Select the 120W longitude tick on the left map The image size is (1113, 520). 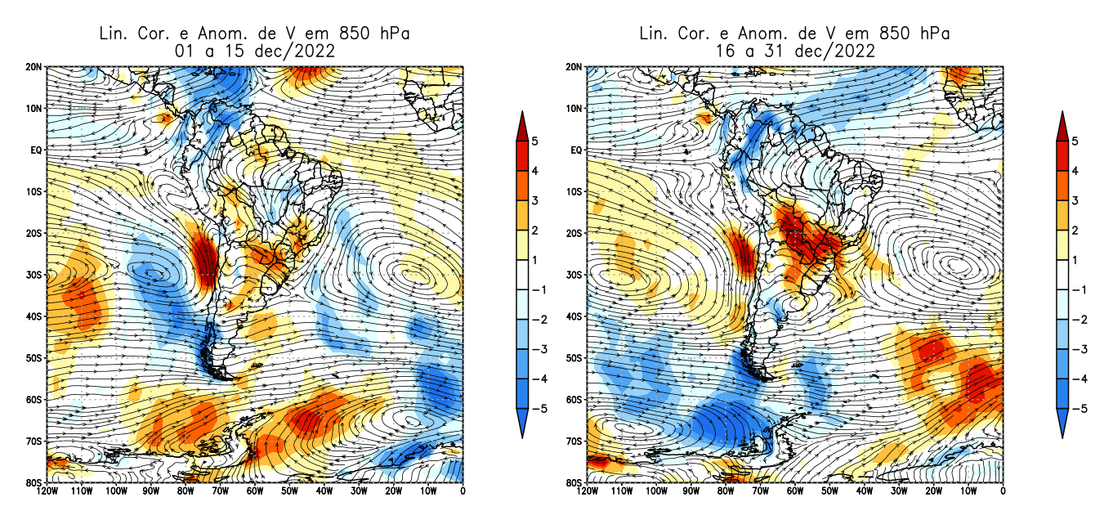click(x=47, y=491)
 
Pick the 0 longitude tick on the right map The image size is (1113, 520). click(x=1003, y=491)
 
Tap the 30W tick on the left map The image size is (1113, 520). click(x=359, y=491)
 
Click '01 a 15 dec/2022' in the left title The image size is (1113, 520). click(x=253, y=51)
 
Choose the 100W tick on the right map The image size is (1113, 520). click(x=655, y=491)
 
